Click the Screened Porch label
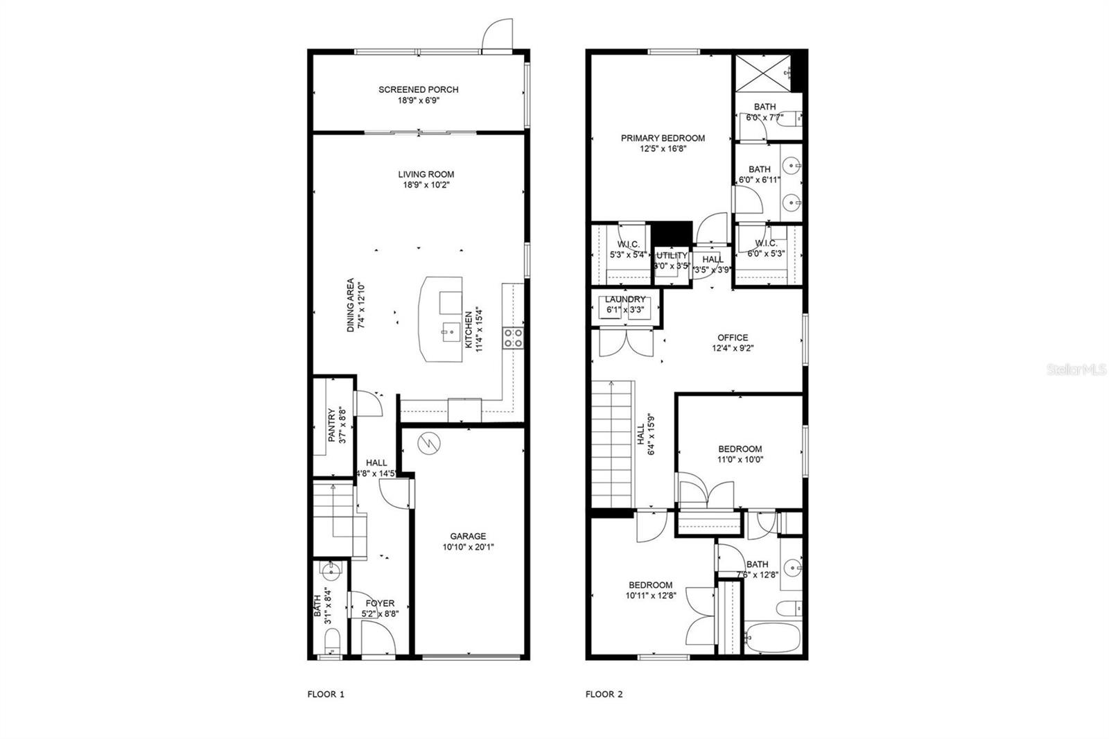(418, 89)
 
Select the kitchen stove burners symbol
(513, 338)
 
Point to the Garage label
(468, 536)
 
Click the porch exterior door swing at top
(496, 37)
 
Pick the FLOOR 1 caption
(326, 694)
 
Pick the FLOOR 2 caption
(604, 694)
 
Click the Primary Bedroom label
(663, 138)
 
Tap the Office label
(732, 338)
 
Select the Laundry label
(625, 299)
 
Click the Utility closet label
(672, 255)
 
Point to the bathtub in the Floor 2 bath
(771, 637)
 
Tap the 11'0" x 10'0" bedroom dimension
(740, 459)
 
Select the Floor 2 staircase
(613, 444)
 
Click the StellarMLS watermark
(1076, 371)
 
